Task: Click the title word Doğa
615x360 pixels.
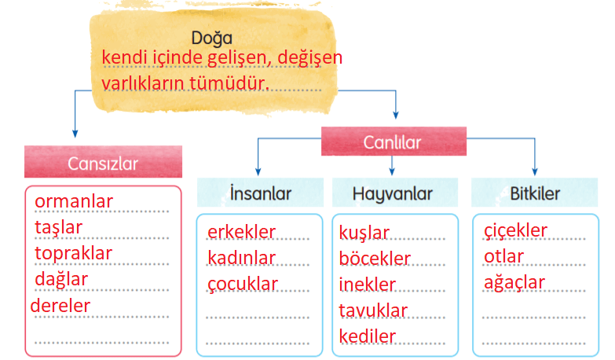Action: [x=212, y=39]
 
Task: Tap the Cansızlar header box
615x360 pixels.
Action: [x=103, y=162]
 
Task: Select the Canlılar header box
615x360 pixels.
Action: [x=394, y=141]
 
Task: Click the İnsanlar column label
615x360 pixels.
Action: [x=261, y=193]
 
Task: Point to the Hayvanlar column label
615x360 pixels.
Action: [x=393, y=193]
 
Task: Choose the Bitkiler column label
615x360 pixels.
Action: [x=535, y=193]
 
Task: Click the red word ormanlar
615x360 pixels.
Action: [x=74, y=201]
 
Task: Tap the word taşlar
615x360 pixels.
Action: [x=58, y=228]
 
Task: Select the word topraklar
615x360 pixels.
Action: [x=73, y=254]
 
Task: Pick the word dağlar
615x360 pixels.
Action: [x=61, y=280]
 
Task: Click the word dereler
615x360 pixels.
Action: [x=60, y=306]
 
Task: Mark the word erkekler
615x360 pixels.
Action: [x=241, y=232]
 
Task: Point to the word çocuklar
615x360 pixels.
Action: [x=243, y=285]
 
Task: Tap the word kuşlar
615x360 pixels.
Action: [x=364, y=233]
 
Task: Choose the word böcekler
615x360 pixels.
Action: [x=375, y=259]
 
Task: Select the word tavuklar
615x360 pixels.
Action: [x=373, y=310]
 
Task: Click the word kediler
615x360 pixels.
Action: [x=367, y=336]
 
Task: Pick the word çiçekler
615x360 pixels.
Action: [x=515, y=231]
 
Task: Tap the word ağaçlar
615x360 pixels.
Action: [x=514, y=283]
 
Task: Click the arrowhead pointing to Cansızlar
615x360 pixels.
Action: [x=75, y=134]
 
